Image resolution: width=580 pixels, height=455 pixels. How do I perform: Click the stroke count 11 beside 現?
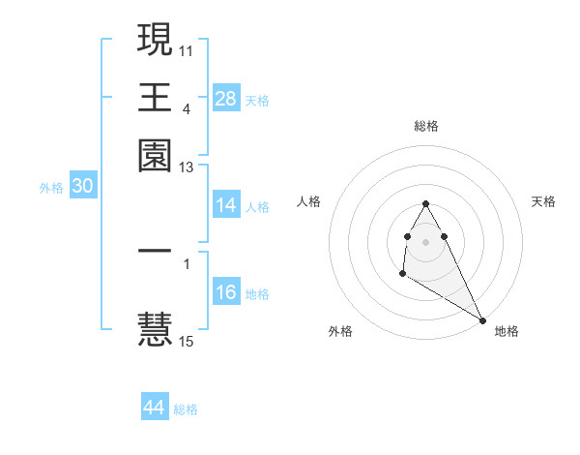[187, 48]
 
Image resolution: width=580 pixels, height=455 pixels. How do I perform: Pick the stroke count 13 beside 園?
[187, 167]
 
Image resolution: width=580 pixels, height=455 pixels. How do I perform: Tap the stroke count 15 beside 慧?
[187, 341]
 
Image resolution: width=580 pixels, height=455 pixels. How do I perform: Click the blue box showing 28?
[225, 99]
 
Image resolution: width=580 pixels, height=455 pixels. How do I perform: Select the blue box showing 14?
[225, 205]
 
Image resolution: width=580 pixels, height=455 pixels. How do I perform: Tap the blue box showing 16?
[225, 293]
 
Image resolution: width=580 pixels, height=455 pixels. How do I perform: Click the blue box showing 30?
[82, 188]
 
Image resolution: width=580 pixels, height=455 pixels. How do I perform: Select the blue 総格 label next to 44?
[186, 409]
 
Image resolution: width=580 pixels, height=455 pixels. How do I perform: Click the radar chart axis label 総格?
[425, 126]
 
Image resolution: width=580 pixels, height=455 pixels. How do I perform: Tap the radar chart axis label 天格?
[544, 201]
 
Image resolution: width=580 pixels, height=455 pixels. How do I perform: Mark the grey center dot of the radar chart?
[425, 240]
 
